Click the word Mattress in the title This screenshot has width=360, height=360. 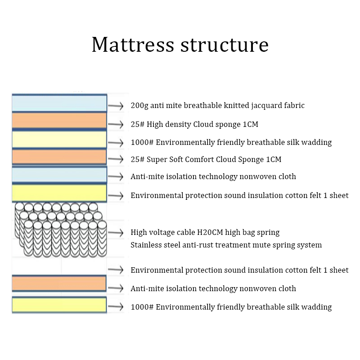(x=133, y=45)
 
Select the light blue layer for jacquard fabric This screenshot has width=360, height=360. (x=59, y=103)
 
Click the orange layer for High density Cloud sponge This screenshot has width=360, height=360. (x=59, y=120)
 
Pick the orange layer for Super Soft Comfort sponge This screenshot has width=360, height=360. (x=59, y=157)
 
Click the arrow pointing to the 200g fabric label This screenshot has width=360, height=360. (x=116, y=106)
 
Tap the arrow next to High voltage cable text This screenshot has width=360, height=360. (x=116, y=233)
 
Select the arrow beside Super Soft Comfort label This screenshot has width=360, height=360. (x=116, y=159)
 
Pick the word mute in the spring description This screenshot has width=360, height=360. (x=273, y=245)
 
